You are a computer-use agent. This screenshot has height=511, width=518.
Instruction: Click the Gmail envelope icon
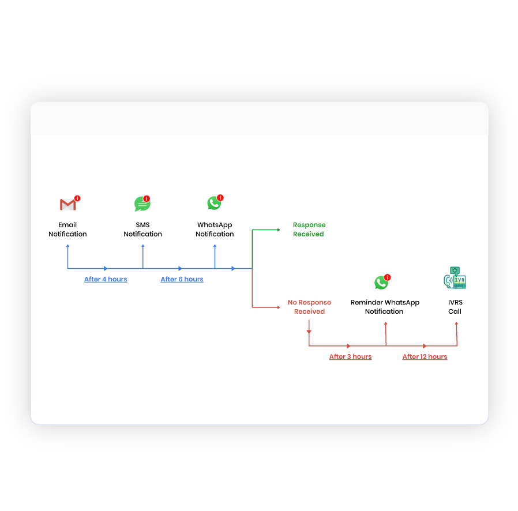[x=67, y=205]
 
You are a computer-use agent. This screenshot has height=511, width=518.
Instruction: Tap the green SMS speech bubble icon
[x=141, y=204]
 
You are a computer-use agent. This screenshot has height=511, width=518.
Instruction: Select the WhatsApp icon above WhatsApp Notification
[x=214, y=203]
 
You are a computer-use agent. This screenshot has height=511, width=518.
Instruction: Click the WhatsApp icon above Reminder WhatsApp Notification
[x=381, y=283]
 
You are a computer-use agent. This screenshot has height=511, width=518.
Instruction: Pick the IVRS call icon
[x=455, y=277]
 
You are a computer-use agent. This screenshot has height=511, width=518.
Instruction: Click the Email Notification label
[x=67, y=230]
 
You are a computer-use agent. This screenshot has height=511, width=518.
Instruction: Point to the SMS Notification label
[x=142, y=230]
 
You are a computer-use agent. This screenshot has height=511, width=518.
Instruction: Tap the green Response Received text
[x=309, y=230]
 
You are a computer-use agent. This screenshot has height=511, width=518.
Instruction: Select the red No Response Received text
[x=309, y=307]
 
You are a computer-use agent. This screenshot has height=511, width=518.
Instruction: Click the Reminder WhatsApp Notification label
[x=385, y=307]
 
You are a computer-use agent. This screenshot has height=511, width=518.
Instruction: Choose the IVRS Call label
[x=455, y=307]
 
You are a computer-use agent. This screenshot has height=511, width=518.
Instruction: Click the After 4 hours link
[x=106, y=279]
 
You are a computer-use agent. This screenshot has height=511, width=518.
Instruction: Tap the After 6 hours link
[x=182, y=279]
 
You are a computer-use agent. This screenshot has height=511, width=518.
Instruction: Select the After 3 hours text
[x=350, y=356]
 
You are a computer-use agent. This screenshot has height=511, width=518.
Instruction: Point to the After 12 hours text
[x=425, y=356]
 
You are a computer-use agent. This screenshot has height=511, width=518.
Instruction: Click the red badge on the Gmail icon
[x=77, y=198]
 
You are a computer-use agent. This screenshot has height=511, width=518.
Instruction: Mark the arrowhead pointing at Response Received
[x=278, y=230]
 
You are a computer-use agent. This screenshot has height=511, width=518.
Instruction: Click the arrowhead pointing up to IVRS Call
[x=457, y=324]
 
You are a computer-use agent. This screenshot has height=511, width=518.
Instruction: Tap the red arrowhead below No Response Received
[x=309, y=332]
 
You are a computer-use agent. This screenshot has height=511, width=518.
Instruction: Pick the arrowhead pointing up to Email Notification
[x=68, y=246]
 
